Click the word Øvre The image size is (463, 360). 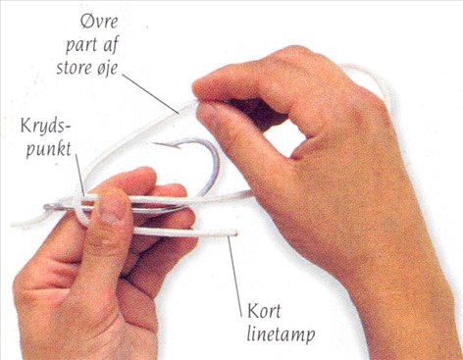[99, 22]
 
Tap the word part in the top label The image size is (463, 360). [81, 46]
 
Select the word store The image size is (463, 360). [75, 68]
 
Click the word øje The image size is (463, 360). [107, 69]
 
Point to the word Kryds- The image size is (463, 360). [45, 127]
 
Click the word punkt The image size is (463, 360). [49, 150]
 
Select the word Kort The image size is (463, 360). [264, 311]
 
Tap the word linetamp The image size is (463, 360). [281, 334]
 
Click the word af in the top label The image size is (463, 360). [111, 46]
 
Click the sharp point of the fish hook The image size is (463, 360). [153, 143]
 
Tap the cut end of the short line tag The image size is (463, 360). [235, 233]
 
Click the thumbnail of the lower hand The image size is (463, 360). [112, 209]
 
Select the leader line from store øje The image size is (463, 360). [151, 94]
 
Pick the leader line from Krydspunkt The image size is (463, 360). [80, 175]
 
